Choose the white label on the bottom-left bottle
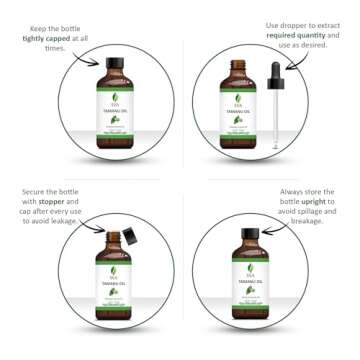coord(113,291)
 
